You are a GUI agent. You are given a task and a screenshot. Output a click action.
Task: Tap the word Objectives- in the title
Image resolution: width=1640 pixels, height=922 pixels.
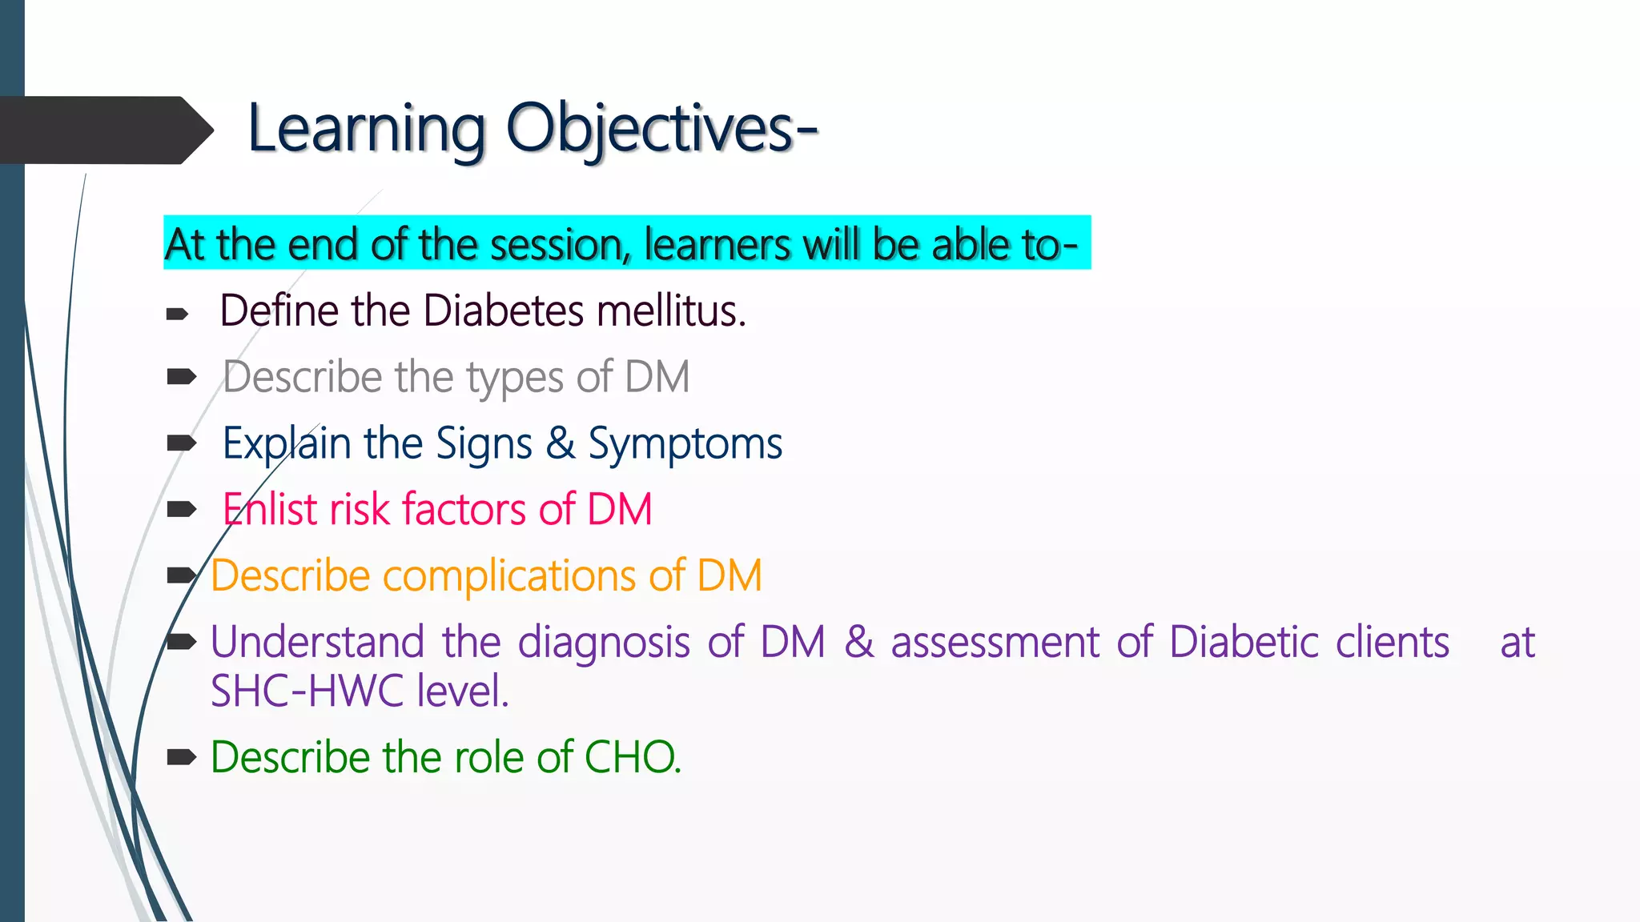coord(661,130)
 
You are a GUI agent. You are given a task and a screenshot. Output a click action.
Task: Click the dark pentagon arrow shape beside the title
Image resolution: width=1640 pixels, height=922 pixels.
coord(104,130)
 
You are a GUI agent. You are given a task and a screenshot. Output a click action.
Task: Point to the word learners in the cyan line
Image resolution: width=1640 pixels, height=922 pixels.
coord(719,245)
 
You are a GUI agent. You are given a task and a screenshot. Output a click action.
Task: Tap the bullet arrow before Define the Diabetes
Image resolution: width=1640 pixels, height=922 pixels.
coord(177,315)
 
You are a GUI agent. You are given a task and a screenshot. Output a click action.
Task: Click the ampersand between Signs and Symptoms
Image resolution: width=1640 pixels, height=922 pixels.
coord(561,443)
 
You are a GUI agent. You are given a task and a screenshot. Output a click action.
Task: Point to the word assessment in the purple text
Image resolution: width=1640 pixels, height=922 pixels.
coord(995,643)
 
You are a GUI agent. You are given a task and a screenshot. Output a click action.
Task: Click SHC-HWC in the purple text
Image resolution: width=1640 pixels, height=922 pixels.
coord(307,691)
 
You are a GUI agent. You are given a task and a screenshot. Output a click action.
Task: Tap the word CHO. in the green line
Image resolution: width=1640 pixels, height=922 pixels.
coord(633,757)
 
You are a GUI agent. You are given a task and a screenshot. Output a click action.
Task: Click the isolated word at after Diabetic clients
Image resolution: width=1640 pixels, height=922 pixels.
coord(1517,643)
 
